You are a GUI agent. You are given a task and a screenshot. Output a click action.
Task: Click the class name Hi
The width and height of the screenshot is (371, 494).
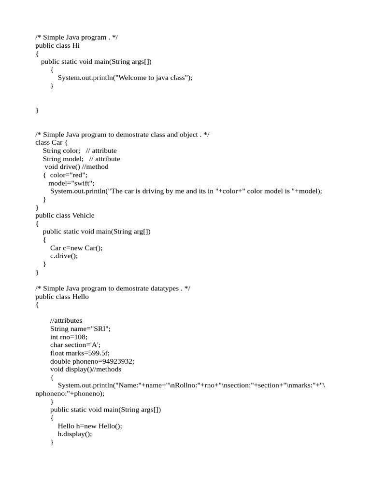click(76, 46)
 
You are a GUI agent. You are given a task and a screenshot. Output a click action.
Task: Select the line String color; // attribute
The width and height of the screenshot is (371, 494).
click(80, 151)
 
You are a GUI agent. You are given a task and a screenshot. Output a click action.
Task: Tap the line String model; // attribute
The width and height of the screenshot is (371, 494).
click(81, 159)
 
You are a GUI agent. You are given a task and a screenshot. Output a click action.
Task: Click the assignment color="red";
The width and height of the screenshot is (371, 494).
click(69, 175)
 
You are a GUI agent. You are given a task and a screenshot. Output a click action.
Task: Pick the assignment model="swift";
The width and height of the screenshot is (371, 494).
click(71, 183)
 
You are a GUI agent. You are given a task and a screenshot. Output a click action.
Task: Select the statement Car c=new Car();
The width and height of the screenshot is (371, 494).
click(76, 248)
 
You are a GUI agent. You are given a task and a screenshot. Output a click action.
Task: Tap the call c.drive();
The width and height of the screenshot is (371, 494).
click(64, 256)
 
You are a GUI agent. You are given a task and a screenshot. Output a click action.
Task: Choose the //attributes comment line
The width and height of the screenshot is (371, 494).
click(66, 320)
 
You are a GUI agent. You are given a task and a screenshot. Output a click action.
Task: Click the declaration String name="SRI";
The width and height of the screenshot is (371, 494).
click(80, 329)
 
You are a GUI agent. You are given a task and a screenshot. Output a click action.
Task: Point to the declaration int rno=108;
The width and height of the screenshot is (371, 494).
click(69, 337)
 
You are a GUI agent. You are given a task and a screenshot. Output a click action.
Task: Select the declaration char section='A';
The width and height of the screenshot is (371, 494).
click(75, 345)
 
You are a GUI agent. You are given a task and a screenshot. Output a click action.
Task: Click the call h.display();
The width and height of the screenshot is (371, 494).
click(74, 434)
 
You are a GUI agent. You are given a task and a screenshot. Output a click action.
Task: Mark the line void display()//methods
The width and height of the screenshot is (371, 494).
click(86, 369)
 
